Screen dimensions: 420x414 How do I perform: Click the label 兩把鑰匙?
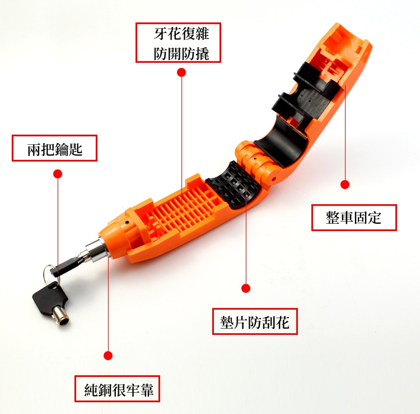[55, 149]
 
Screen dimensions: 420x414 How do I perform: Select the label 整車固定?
[353, 218]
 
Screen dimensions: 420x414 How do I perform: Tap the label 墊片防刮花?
[255, 321]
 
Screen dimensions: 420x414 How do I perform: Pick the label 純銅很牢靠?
[119, 389]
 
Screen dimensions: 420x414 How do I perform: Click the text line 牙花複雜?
[181, 34]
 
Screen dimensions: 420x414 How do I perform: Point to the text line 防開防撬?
[181, 53]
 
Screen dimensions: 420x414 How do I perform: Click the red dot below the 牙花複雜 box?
[181, 72]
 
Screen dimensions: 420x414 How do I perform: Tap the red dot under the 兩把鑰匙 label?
[58, 174]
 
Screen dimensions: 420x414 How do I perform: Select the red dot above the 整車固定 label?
[345, 185]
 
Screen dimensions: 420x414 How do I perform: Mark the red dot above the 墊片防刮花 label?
[246, 288]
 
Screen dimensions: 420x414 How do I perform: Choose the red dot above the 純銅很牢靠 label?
[108, 356]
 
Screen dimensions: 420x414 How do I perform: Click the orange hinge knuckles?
[254, 160]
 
